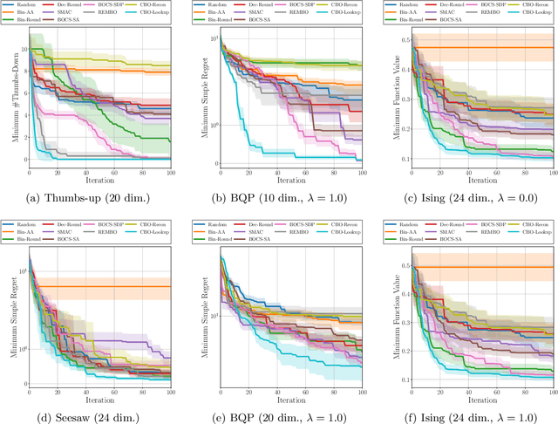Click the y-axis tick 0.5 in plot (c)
399,40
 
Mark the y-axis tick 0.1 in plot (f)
399,380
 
